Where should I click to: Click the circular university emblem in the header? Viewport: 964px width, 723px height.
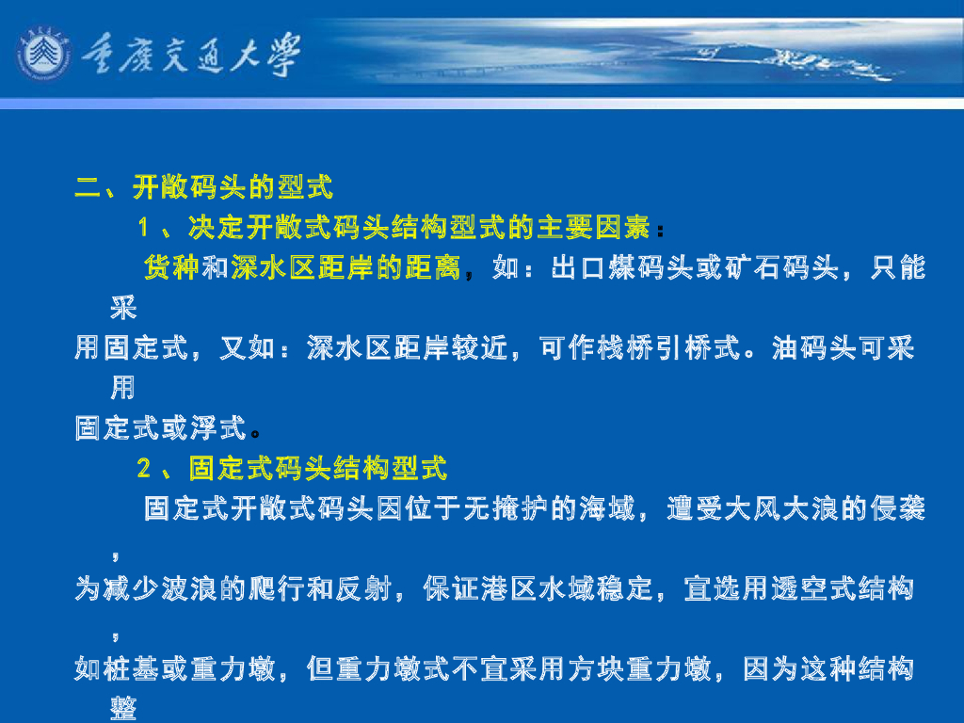coord(41,54)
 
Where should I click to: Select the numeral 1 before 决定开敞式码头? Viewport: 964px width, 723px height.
coord(144,228)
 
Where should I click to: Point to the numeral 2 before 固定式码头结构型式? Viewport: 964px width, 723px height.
coord(144,468)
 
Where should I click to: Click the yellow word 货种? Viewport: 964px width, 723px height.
coord(170,268)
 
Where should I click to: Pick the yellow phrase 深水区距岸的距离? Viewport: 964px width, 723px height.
coord(345,268)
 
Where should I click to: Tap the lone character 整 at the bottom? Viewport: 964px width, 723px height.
coord(123,708)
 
